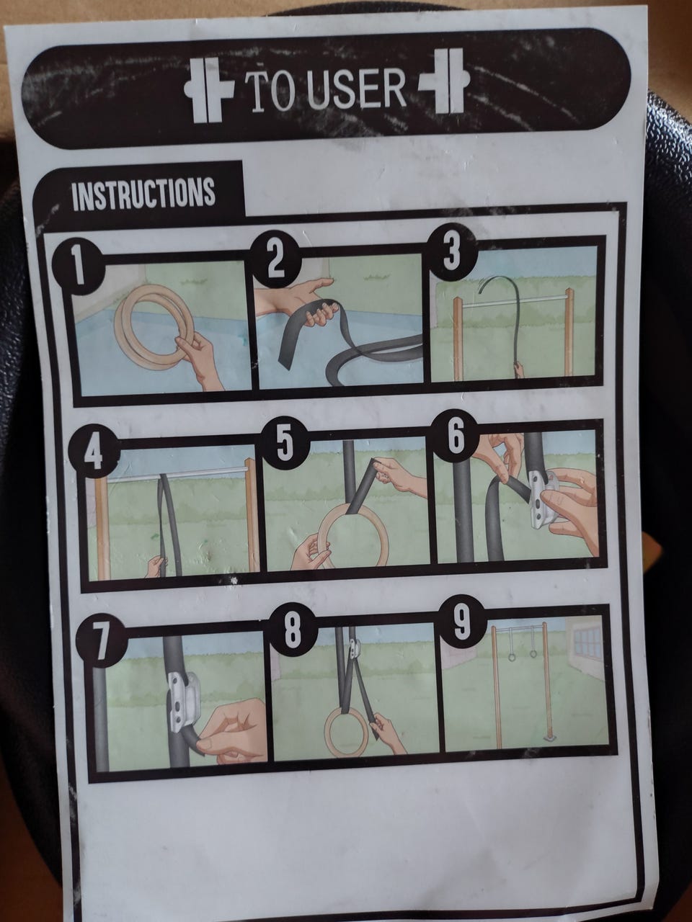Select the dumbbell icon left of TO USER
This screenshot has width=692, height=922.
click(209, 89)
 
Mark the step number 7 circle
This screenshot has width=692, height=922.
click(101, 642)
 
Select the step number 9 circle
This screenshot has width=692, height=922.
click(462, 620)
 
